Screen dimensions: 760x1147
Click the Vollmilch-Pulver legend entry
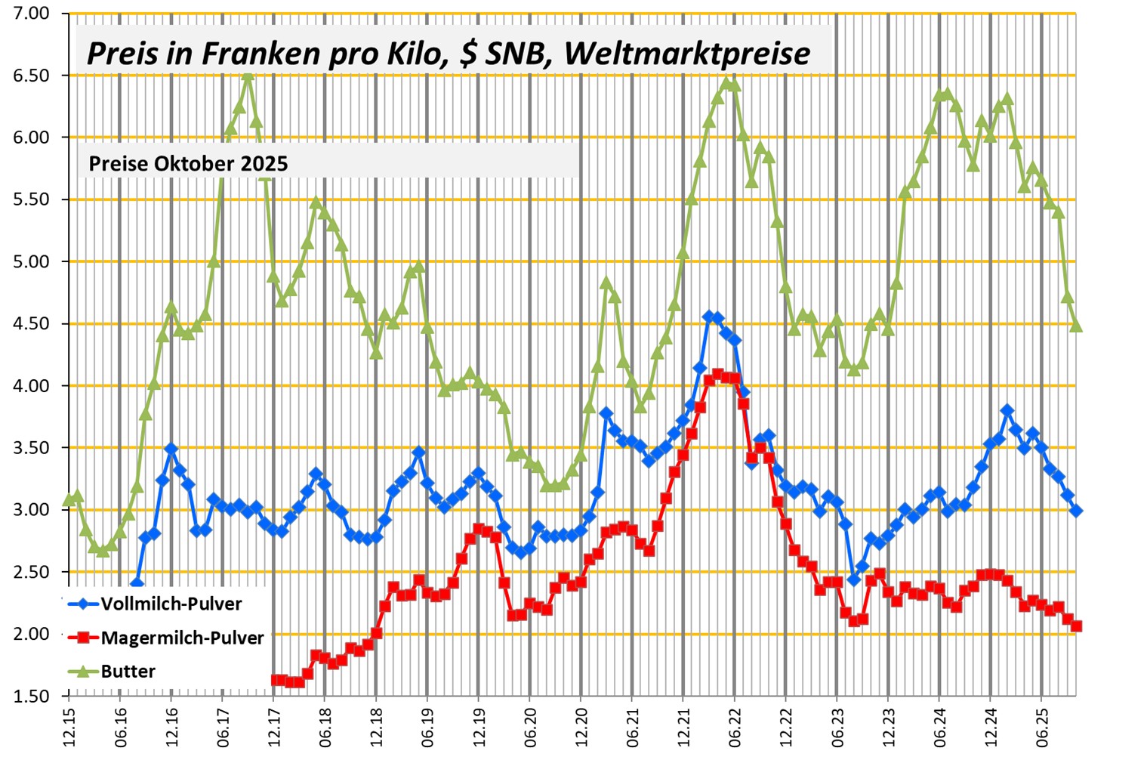pyautogui.click(x=171, y=604)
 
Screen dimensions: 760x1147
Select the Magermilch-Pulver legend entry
pyautogui.click(x=182, y=638)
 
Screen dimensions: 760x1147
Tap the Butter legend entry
pyautogui.click(x=128, y=672)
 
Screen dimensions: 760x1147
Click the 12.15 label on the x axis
pyautogui.click(x=69, y=727)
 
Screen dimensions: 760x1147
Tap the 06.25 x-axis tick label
pyautogui.click(x=1041, y=727)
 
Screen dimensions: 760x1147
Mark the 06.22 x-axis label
pyautogui.click(x=735, y=727)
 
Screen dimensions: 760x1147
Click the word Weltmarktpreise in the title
pyautogui.click(x=687, y=54)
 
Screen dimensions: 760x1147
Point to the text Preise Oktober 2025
pyautogui.click(x=188, y=163)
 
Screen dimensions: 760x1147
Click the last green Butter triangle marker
pyautogui.click(x=1076, y=325)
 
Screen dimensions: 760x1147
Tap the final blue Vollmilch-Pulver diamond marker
pyautogui.click(x=1076, y=511)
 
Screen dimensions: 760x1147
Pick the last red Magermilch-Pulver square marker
pyautogui.click(x=1076, y=626)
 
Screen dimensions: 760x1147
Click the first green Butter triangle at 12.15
pyautogui.click(x=69, y=499)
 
